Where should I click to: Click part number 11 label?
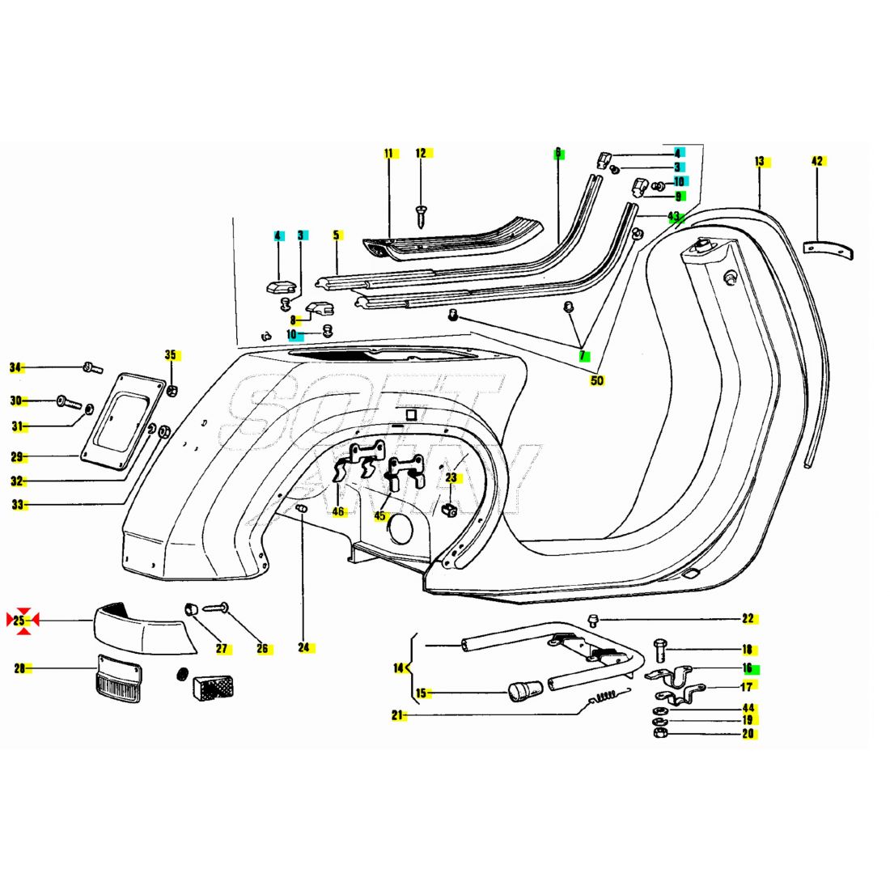388,153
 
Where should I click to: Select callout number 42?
817,161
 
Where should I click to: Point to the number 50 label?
597,380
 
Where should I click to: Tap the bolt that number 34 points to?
91,369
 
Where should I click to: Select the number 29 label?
16,457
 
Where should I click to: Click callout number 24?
303,647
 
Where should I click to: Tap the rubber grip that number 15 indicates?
525,692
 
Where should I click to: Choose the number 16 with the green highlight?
748,668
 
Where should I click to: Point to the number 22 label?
748,619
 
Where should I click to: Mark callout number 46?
337,511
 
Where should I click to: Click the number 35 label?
171,354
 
